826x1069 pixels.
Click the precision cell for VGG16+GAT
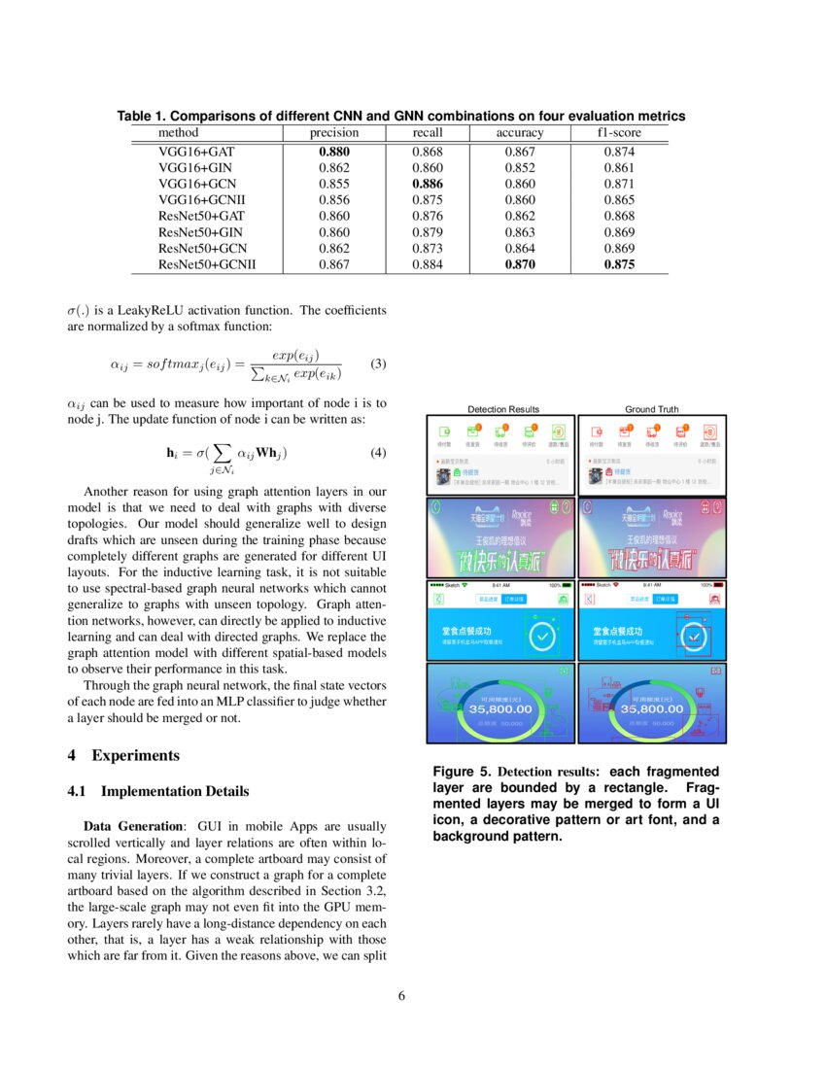333,152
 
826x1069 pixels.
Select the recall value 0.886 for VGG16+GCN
428,183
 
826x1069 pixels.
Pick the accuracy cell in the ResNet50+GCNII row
520,263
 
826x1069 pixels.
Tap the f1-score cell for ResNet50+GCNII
619,263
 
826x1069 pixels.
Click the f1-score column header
619,132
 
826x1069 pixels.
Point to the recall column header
428,132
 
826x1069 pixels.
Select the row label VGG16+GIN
194,167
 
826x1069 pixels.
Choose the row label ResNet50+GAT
201,215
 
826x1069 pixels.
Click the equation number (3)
379,364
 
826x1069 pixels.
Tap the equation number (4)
379,453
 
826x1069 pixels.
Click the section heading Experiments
135,755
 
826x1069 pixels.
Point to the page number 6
401,996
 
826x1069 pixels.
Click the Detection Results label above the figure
503,409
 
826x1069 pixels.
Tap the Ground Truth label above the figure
652,409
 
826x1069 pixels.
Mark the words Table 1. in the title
142,116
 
